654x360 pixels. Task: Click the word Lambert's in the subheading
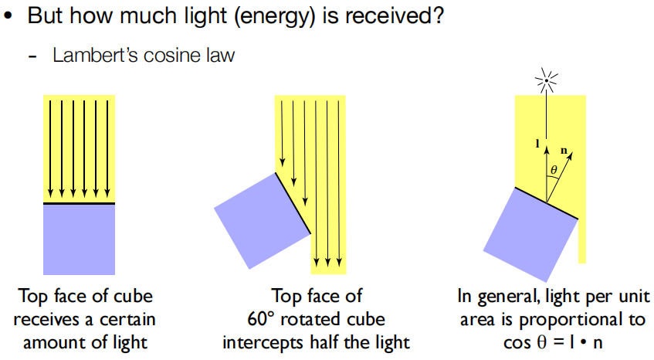pos(95,55)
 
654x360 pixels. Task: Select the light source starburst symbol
pos(547,80)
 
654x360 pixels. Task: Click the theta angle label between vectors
pos(554,170)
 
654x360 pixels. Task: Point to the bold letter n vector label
pos(564,150)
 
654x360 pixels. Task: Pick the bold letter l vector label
pos(537,144)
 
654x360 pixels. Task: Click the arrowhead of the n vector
pos(571,155)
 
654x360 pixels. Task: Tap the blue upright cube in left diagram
pos(80,239)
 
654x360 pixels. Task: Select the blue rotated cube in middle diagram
pos(263,221)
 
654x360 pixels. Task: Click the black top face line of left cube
pos(80,204)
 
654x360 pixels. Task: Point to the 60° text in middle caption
pos(262,319)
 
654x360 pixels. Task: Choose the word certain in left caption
pos(127,320)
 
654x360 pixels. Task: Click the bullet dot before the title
pos(8,16)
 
